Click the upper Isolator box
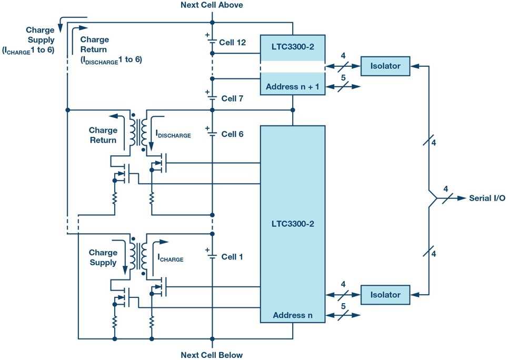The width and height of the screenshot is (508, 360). (x=385, y=66)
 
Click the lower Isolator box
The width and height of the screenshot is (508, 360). (x=385, y=295)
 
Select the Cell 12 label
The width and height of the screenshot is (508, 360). (x=234, y=42)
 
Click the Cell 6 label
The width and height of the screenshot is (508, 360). (x=232, y=134)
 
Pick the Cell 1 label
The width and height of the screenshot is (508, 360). (x=232, y=257)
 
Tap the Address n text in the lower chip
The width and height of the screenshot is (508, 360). (x=292, y=315)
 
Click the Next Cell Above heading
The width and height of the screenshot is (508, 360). (x=212, y=5)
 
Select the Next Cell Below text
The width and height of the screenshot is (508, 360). (x=212, y=355)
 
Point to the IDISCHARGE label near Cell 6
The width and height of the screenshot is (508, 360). (x=173, y=135)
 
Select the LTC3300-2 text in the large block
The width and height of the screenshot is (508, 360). (x=292, y=223)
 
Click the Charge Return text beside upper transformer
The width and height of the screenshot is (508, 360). (x=103, y=135)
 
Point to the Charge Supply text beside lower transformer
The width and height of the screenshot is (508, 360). (x=103, y=257)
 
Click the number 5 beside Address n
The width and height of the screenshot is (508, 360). (x=343, y=306)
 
